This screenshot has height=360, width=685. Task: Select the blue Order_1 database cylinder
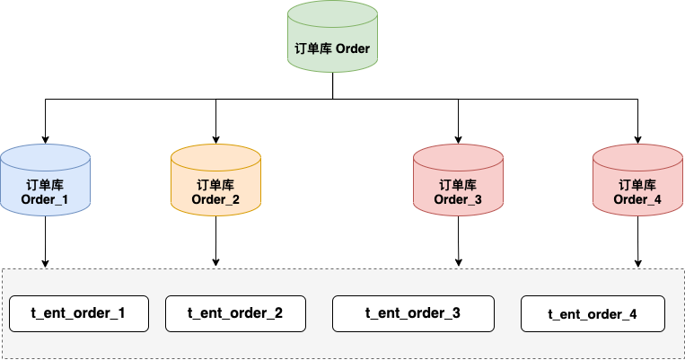[x=45, y=180]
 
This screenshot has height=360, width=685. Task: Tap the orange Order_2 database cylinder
[x=215, y=180]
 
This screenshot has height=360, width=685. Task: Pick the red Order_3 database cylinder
[x=458, y=180]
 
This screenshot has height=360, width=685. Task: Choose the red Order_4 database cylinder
[x=637, y=180]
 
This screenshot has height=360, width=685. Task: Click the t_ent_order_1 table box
[x=80, y=314]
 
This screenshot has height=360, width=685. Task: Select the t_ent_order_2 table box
[x=235, y=313]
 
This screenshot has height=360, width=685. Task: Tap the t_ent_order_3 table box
[x=413, y=313]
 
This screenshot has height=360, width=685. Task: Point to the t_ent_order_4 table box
[x=593, y=314]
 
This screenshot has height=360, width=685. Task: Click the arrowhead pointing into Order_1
[x=45, y=139]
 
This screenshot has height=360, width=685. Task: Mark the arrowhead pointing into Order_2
[x=215, y=139]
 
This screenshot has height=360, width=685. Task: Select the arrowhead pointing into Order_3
[x=458, y=139]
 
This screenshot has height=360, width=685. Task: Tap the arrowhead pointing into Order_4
[x=637, y=139]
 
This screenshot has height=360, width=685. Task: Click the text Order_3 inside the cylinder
[x=458, y=199]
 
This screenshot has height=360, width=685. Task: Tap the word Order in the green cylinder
[x=351, y=48]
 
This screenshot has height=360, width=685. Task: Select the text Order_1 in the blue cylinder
[x=45, y=199]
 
